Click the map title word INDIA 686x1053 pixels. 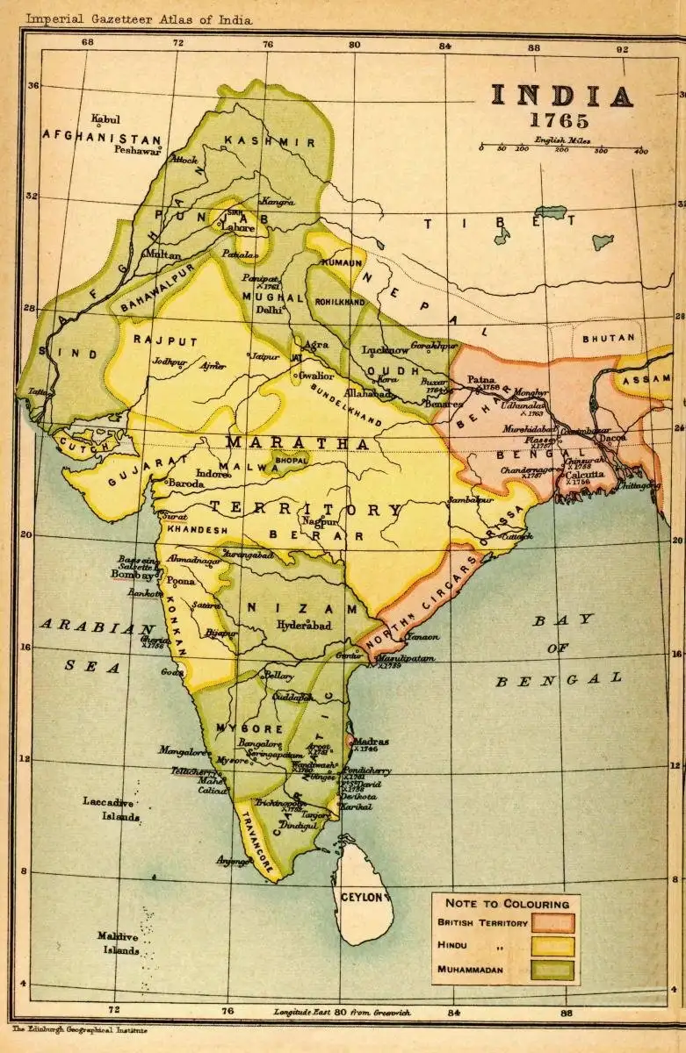pyautogui.click(x=560, y=97)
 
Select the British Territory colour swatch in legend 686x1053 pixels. pyautogui.click(x=552, y=923)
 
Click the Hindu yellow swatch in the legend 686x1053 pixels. pyautogui.click(x=552, y=947)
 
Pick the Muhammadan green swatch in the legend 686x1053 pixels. pyautogui.click(x=552, y=971)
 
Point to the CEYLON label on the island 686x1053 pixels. pyautogui.click(x=364, y=897)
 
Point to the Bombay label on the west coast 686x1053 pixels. pyautogui.click(x=131, y=575)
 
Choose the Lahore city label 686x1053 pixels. pyautogui.click(x=237, y=227)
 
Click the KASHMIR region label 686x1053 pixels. pyautogui.click(x=269, y=141)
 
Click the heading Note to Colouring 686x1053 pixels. pyautogui.click(x=506, y=903)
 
